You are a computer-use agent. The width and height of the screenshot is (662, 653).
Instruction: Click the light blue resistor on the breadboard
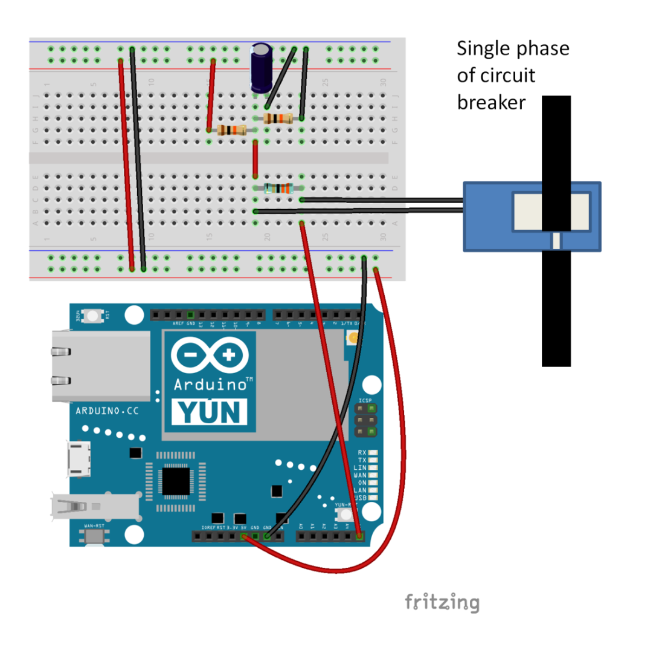pos(279,188)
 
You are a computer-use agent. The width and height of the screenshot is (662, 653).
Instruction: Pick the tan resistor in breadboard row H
pos(279,119)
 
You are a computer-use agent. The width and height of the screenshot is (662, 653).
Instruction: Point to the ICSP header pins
pos(364,420)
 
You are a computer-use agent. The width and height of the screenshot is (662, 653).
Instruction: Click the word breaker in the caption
pos(490,102)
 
